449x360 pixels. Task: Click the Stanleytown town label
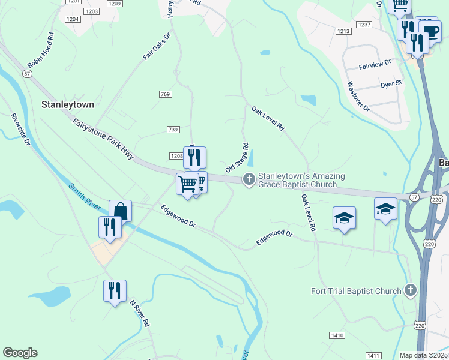pos(67,104)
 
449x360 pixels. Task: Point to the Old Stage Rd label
pos(237,158)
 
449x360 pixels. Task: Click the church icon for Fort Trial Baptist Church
pos(411,291)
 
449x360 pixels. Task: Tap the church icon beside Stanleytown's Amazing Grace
pos(249,179)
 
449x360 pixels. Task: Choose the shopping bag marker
pos(120,211)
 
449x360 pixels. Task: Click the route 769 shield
pos(166,95)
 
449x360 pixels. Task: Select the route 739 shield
pos(173,130)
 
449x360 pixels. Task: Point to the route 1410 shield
pos(336,335)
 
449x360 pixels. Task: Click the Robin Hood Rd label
pos(41,55)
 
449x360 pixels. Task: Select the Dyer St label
pos(391,85)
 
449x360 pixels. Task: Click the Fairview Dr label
pos(375,62)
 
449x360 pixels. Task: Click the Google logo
pos(20,353)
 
